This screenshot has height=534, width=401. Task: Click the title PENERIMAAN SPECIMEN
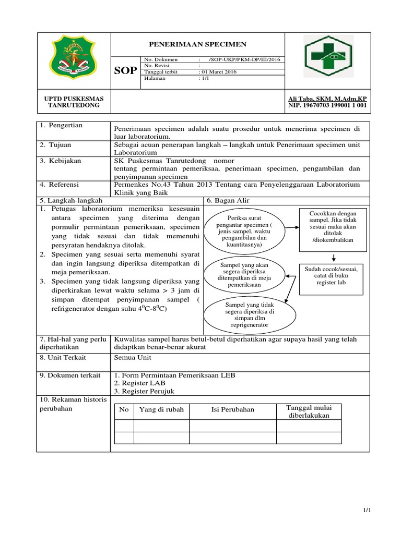[x=198, y=44]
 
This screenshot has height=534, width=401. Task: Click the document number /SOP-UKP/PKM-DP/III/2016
[x=244, y=59]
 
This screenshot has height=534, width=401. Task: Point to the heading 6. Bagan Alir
[x=228, y=200]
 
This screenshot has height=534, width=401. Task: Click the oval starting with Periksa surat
[x=245, y=230]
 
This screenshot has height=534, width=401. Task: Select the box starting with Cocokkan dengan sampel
[x=332, y=226]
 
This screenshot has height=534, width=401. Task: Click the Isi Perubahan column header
[x=232, y=409]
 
